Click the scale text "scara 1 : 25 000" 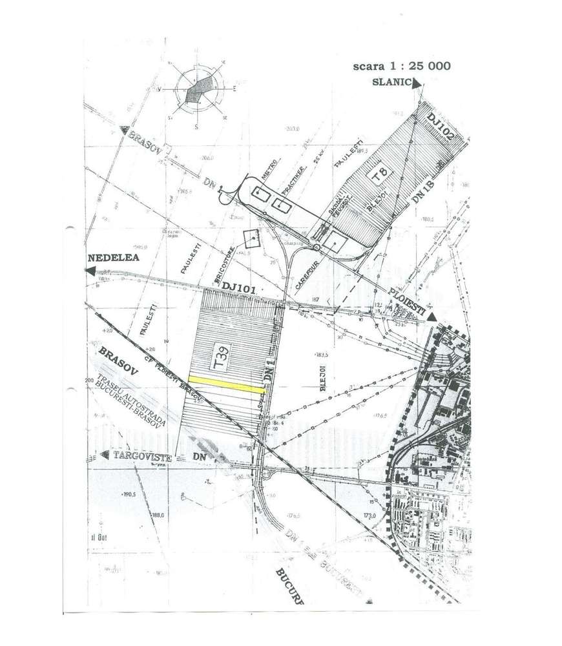(x=402, y=66)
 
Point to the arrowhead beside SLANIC (x=417, y=83)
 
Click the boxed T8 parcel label (x=379, y=174)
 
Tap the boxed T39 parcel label (x=220, y=355)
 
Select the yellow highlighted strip (x=226, y=385)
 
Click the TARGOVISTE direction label (x=138, y=456)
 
